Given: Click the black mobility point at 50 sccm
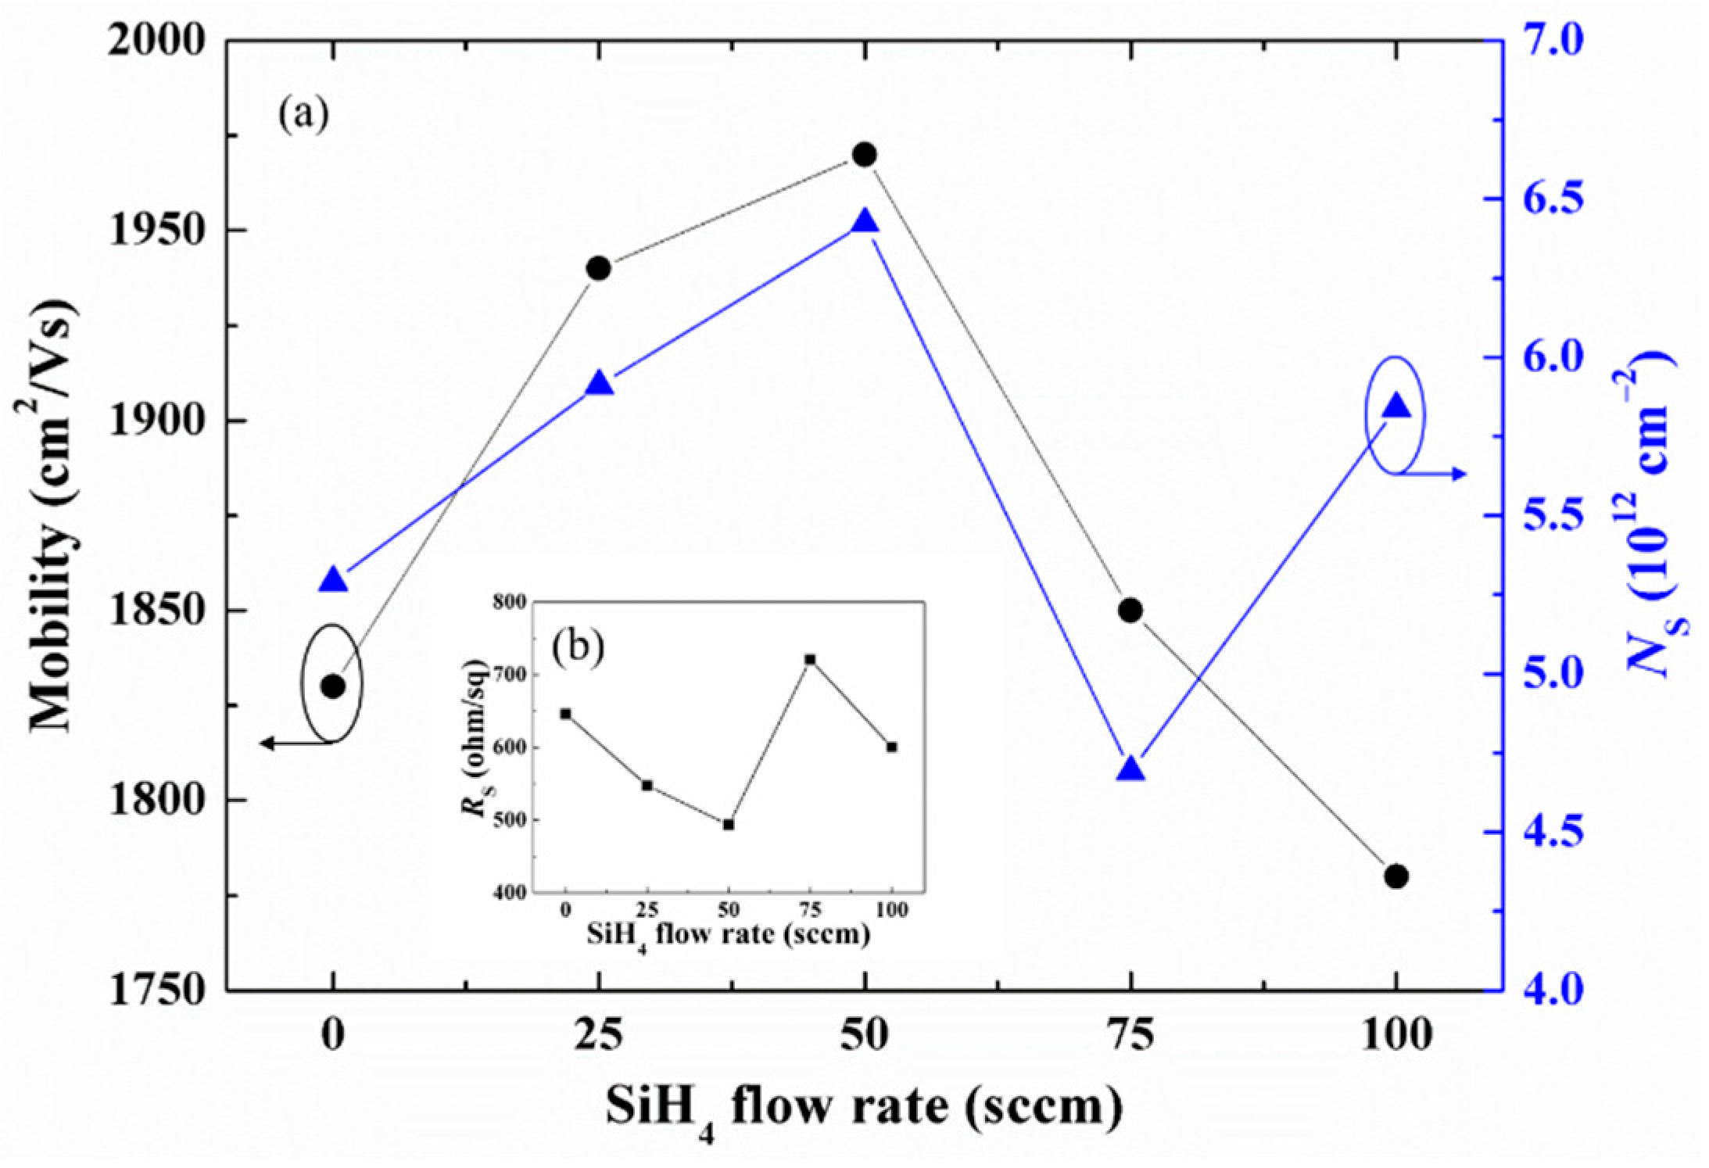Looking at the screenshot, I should [864, 155].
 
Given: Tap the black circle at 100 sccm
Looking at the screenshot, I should [1396, 876].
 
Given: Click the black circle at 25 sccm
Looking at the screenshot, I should [599, 268].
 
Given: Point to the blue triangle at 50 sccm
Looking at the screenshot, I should [865, 222].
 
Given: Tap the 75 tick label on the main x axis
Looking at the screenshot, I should [1130, 1037].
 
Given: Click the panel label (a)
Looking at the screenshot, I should [304, 115].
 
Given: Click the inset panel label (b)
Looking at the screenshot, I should [578, 647].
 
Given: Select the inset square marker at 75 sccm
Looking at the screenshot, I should [810, 660].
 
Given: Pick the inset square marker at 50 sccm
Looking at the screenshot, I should [729, 825].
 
